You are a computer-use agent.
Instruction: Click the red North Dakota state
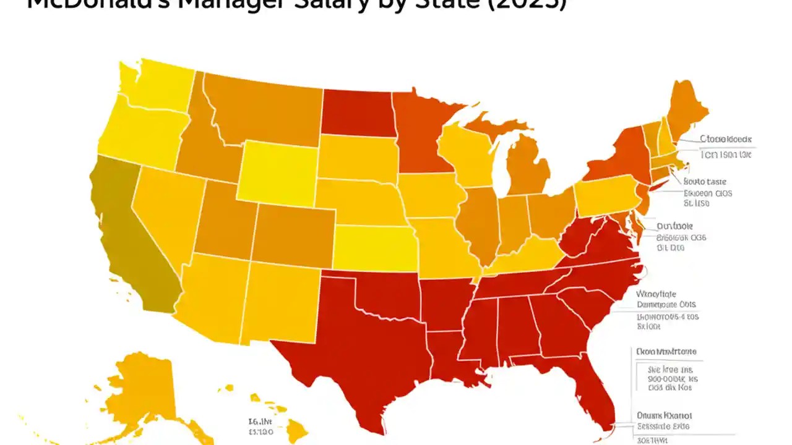coord(358,111)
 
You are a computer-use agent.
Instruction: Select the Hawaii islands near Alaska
coord(297,426)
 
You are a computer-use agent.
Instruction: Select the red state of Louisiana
coord(452,358)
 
